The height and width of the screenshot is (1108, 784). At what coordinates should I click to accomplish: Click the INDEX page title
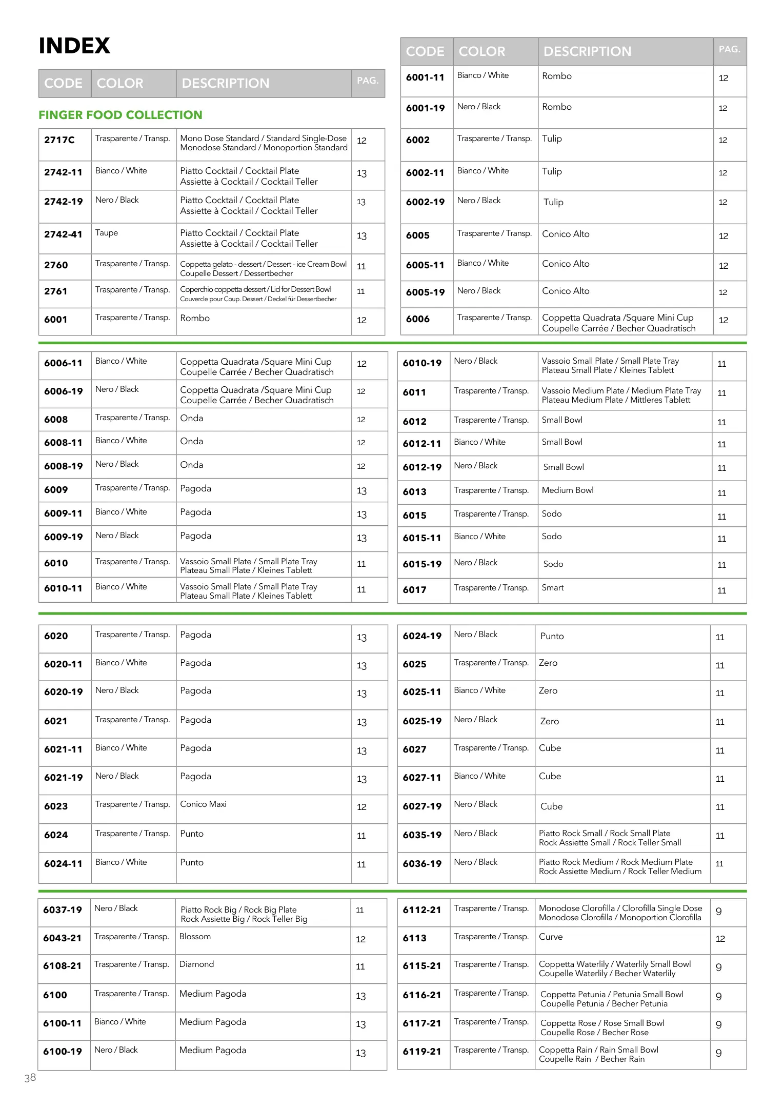coord(74,46)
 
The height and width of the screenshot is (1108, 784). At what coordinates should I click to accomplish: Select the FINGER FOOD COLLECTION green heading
coord(120,115)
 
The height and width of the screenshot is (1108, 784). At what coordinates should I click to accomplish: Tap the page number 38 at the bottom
coord(30,1077)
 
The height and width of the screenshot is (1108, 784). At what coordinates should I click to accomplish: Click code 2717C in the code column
coord(59,140)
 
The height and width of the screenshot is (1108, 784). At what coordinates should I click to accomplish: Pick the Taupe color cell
coord(107,233)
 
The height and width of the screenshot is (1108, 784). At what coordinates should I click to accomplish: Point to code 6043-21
coord(62,938)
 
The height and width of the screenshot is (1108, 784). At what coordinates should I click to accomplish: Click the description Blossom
coord(195,937)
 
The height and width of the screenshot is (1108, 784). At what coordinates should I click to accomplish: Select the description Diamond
coord(196,964)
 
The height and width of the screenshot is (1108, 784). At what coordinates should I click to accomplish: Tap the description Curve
coord(551,937)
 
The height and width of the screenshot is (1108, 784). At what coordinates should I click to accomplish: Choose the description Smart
coord(552,588)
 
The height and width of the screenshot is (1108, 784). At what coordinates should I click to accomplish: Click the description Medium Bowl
coord(568,490)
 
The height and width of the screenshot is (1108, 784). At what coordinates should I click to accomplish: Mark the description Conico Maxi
coord(203,804)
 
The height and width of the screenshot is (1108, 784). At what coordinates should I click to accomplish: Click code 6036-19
coord(422,864)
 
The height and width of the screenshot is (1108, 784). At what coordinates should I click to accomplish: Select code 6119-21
coord(421,1052)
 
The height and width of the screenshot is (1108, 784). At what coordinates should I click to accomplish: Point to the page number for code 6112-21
coord(719,912)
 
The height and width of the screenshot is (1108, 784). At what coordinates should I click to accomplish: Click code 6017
coord(414,590)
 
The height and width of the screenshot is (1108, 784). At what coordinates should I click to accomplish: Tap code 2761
coord(55,291)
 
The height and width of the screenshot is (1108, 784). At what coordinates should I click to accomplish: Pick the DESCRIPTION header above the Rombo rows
coord(587,51)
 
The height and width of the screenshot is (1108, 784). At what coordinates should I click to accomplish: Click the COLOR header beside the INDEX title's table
coord(120,83)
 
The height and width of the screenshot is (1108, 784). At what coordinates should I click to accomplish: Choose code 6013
coord(414,492)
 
